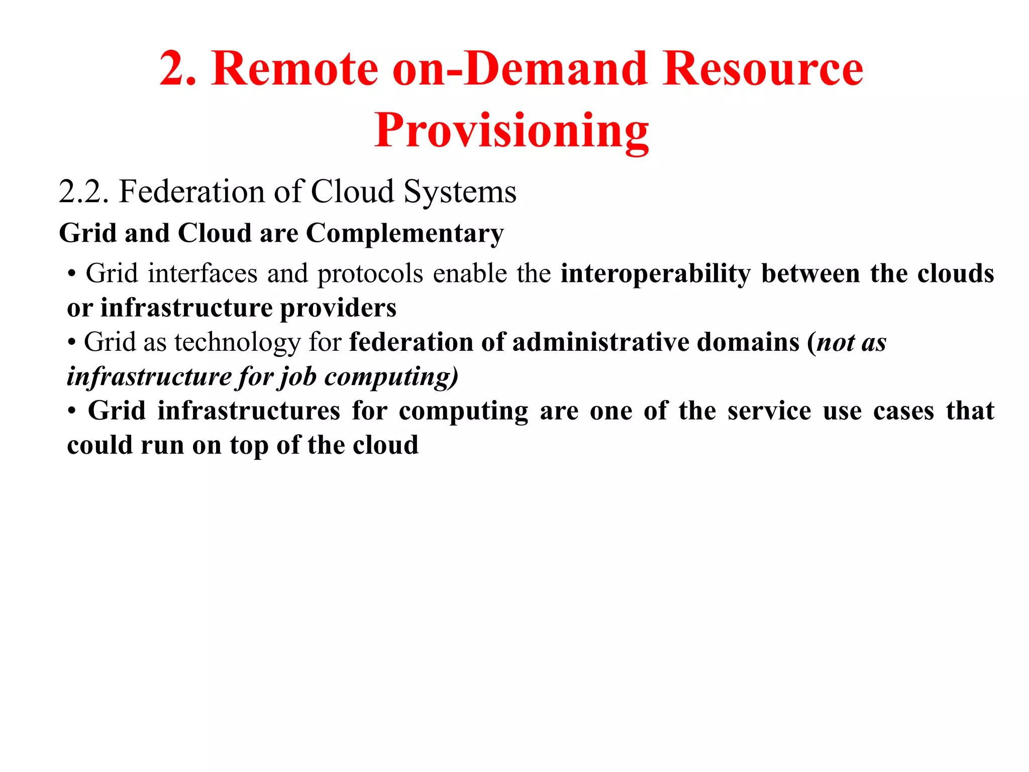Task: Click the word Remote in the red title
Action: coord(294,69)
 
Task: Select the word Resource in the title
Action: coord(763,69)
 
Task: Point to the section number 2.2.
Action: coord(83,191)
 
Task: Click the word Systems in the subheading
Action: coord(460,191)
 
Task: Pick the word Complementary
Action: coord(404,234)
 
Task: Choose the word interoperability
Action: coord(656,274)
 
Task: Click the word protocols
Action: coord(370,274)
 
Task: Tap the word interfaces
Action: coord(202,274)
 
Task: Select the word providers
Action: coord(338,308)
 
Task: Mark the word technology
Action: coord(237,343)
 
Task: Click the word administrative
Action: coord(600,343)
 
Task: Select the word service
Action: coord(769,411)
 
